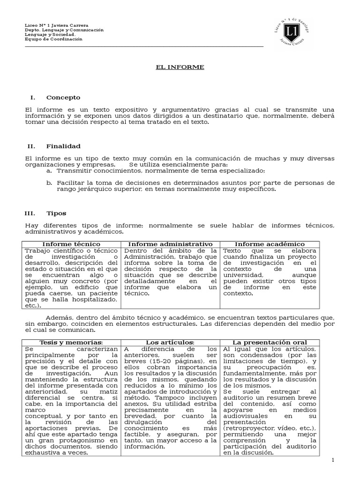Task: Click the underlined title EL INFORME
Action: pyautogui.click(x=180, y=67)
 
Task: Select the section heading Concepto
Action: pyautogui.click(x=63, y=97)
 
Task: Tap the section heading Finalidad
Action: pyautogui.click(x=63, y=146)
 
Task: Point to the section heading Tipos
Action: pyautogui.click(x=56, y=213)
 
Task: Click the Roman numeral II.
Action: pyautogui.click(x=32, y=146)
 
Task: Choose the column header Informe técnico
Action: pyautogui.click(x=71, y=244)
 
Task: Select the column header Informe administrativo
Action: pyautogui.click(x=171, y=244)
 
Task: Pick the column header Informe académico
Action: pyautogui.click(x=270, y=244)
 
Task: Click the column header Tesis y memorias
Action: pyautogui.click(x=71, y=343)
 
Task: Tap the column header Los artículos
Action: pyautogui.click(x=170, y=343)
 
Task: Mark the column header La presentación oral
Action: pyautogui.click(x=270, y=343)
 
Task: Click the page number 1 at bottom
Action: pyautogui.click(x=333, y=461)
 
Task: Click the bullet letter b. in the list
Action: pyautogui.click(x=48, y=182)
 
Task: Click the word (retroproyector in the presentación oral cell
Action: pyautogui.click(x=248, y=429)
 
